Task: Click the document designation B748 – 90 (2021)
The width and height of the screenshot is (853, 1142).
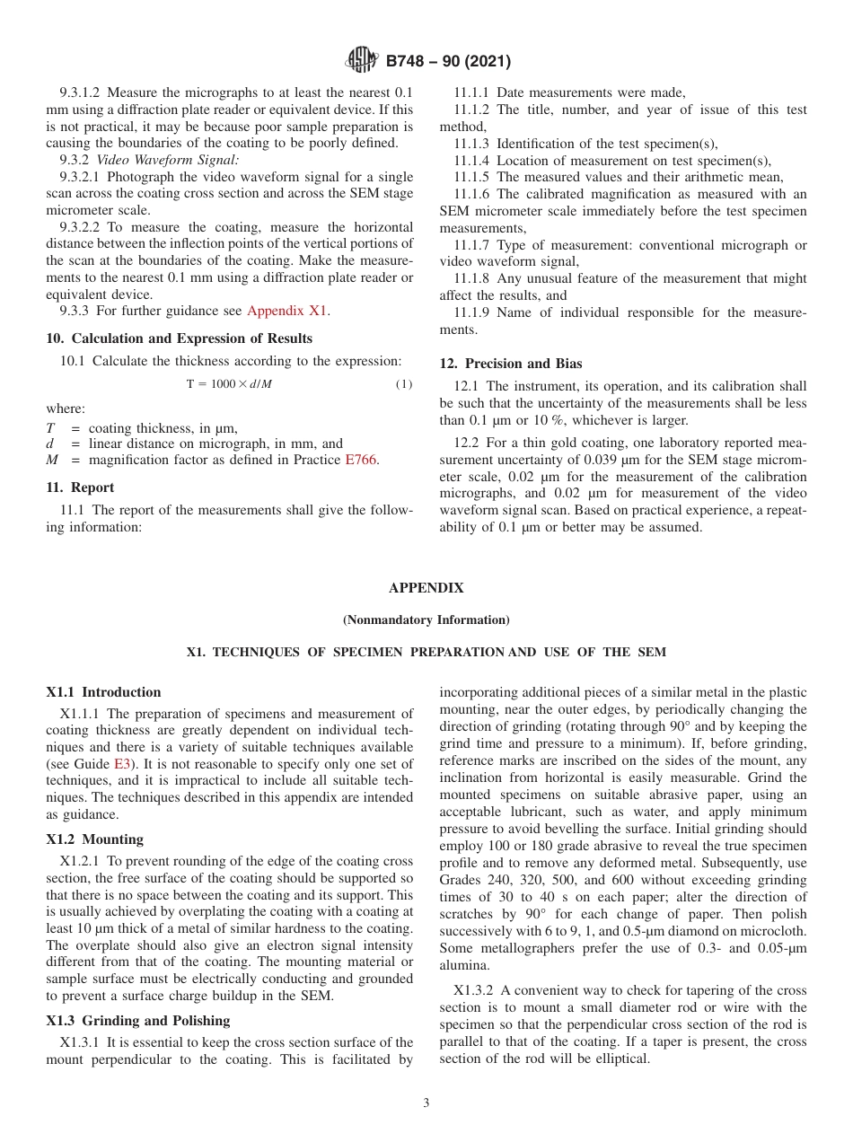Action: point(448,62)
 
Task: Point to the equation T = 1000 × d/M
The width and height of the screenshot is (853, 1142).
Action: point(229,384)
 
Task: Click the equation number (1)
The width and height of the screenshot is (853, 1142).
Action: point(404,384)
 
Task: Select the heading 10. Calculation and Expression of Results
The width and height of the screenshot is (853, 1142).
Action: point(179,338)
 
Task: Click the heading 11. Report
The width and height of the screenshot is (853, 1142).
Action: point(80,488)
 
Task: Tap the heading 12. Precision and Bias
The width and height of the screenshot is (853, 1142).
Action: point(510,364)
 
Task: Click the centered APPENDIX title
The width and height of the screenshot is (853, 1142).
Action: point(426,588)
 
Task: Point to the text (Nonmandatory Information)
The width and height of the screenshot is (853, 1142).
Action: point(426,620)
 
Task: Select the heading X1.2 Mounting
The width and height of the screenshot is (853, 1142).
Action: point(94,839)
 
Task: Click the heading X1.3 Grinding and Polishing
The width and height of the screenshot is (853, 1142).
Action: point(137,1021)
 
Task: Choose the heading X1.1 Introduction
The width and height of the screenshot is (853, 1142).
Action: point(103,692)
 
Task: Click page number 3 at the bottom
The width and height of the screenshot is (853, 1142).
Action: point(426,1103)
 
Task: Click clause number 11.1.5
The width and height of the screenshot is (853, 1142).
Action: point(472,177)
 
